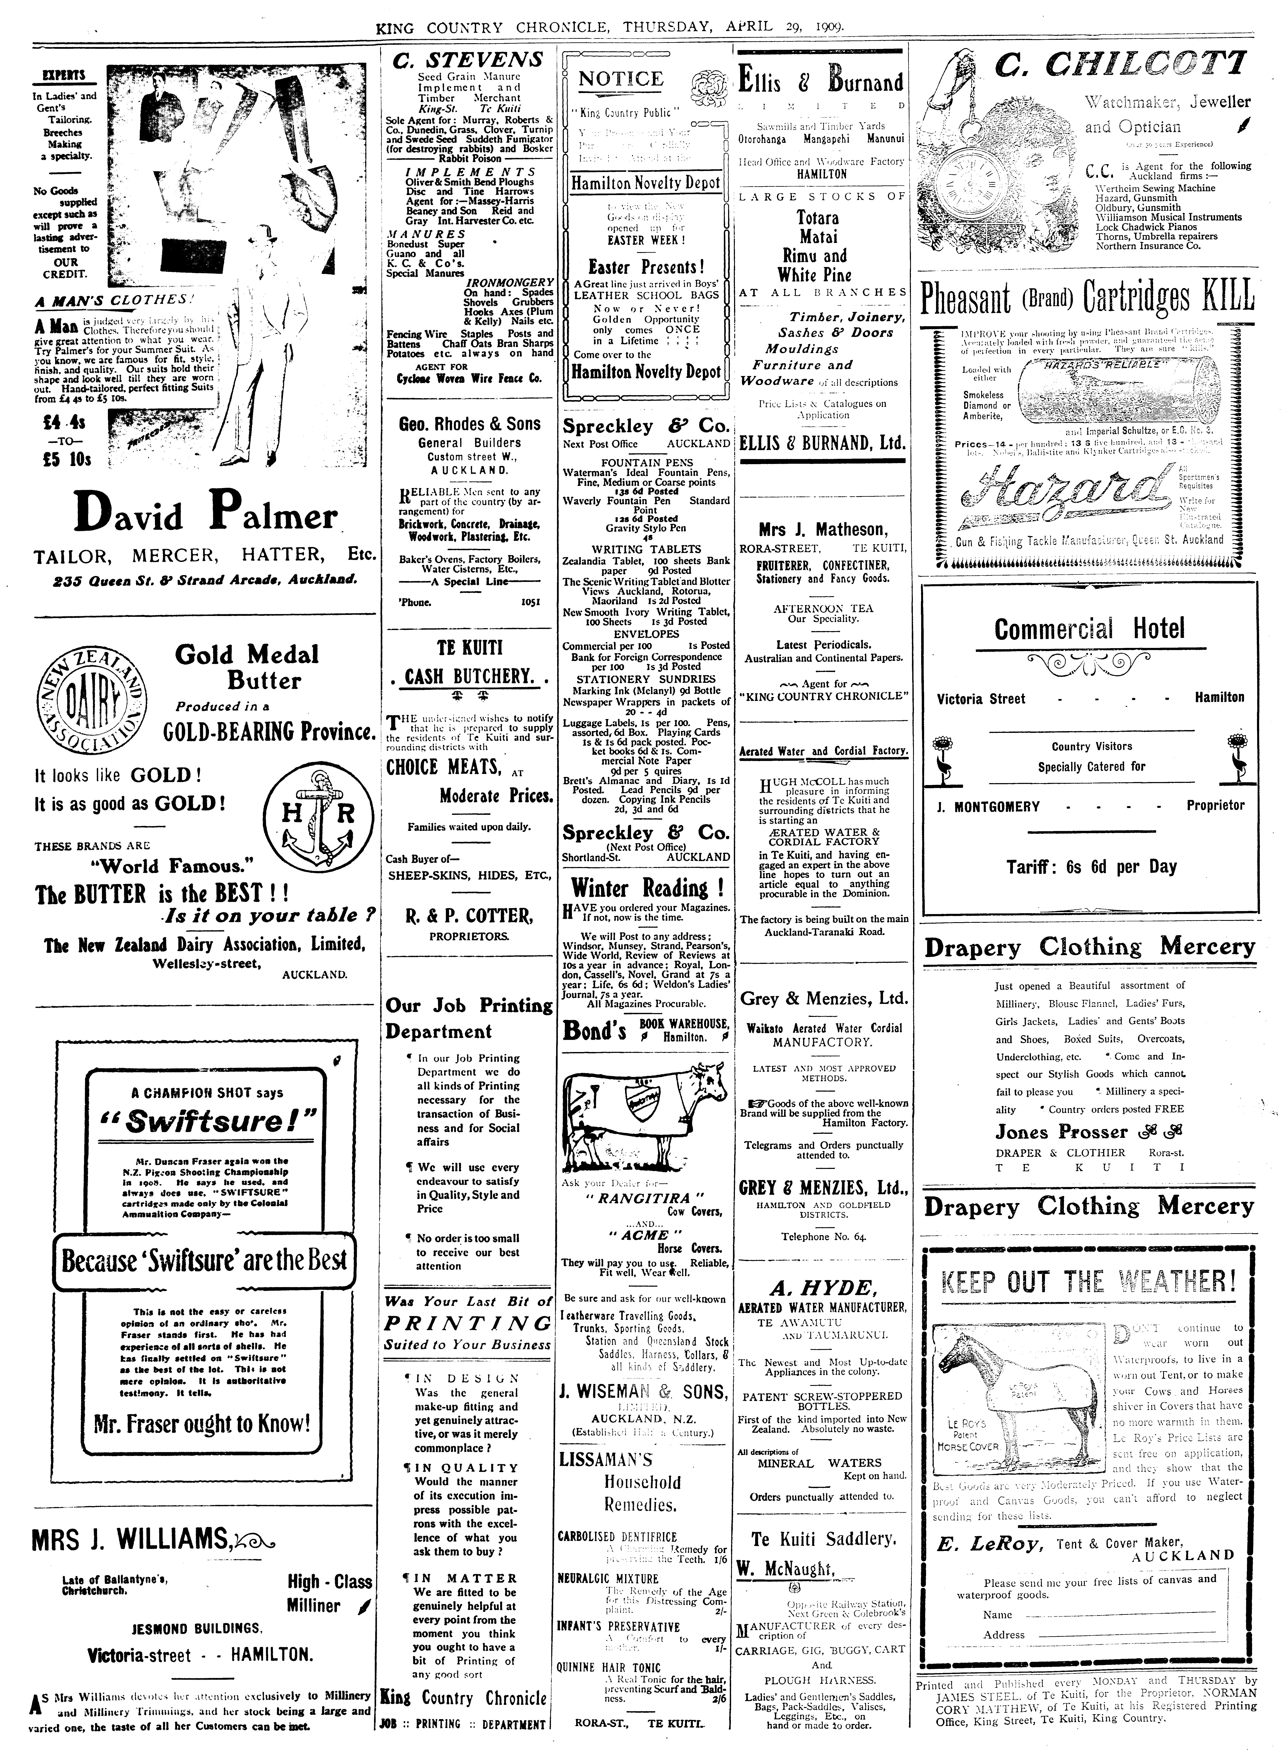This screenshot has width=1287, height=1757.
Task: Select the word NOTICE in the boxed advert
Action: (621, 79)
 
